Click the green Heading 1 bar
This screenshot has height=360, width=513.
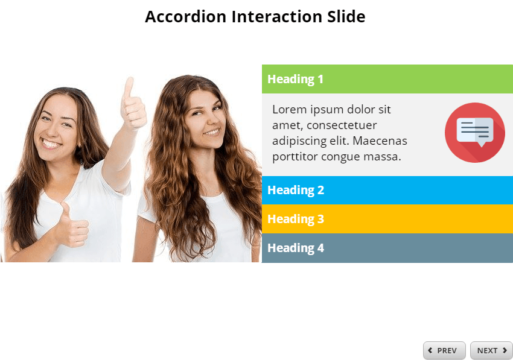click(x=387, y=79)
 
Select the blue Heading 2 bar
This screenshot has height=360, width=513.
click(x=387, y=190)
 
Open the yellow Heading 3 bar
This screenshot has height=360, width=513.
click(x=387, y=219)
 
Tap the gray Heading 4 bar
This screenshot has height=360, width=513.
click(x=387, y=248)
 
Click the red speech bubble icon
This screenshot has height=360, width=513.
click(x=475, y=132)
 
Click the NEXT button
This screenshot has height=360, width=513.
click(x=491, y=350)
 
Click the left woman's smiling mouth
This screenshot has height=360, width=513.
click(x=51, y=144)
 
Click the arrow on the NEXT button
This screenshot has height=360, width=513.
click(x=505, y=350)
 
